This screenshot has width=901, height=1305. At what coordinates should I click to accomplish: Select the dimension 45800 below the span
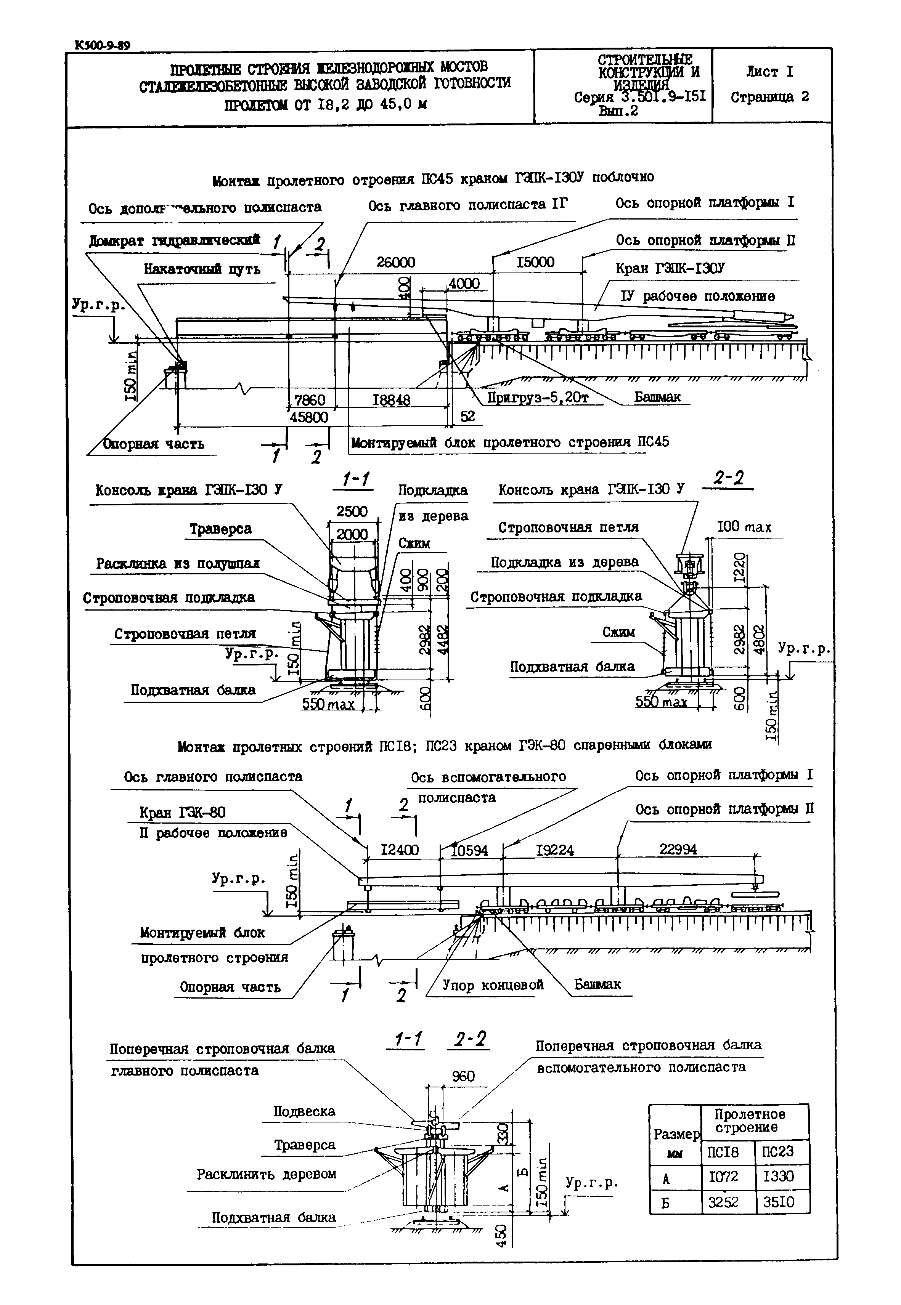pyautogui.click(x=309, y=417)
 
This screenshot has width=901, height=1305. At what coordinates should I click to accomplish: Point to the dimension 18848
pyautogui.click(x=391, y=400)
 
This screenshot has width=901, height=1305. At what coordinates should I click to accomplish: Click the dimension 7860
pyautogui.click(x=310, y=400)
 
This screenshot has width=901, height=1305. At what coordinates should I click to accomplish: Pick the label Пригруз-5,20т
pyautogui.click(x=538, y=398)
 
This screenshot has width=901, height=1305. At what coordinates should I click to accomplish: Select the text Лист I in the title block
pyautogui.click(x=769, y=72)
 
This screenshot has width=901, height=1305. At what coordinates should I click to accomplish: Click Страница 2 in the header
pyautogui.click(x=769, y=97)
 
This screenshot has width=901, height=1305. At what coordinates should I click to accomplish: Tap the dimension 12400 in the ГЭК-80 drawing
pyautogui.click(x=400, y=850)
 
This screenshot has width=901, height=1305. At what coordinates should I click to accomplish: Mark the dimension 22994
pyautogui.click(x=678, y=849)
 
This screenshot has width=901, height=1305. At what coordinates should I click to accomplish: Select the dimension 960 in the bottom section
pyautogui.click(x=464, y=1076)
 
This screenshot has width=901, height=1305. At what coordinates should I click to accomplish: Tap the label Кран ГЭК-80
pyautogui.click(x=182, y=813)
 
